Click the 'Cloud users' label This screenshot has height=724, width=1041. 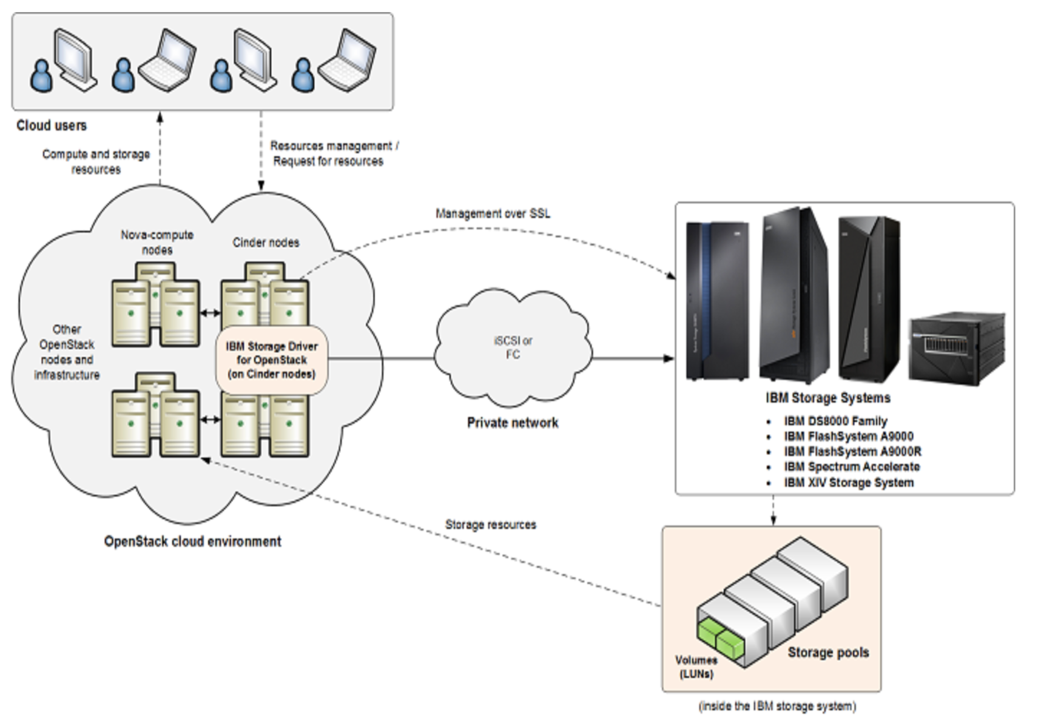52,126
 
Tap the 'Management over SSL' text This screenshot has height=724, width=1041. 493,213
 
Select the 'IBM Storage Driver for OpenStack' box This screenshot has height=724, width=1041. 272,360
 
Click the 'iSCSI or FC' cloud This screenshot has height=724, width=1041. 513,347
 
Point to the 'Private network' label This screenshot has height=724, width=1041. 513,423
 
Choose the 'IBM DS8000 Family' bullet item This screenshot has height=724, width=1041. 835,421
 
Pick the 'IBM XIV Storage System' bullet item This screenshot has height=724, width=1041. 848,483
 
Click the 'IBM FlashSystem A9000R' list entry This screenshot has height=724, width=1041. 852,452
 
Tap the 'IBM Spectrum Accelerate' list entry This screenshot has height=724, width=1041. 852,467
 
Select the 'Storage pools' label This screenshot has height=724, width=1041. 828,652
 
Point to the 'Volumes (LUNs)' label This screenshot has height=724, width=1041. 696,667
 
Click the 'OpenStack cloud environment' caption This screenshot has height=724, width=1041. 192,541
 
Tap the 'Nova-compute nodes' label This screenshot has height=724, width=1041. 157,242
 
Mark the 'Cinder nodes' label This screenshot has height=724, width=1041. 266,243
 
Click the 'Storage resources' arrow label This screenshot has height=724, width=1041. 491,525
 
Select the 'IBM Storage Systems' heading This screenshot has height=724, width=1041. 827,398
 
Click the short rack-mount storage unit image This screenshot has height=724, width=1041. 955,349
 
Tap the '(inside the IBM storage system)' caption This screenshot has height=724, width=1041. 777,706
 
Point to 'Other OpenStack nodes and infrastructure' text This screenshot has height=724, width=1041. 67,352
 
